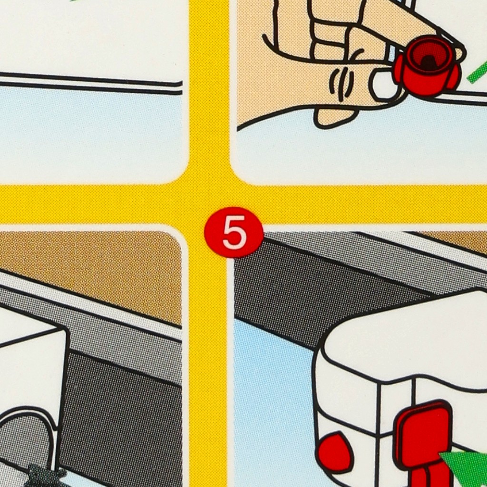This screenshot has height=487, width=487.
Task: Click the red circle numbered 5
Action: tap(234, 233)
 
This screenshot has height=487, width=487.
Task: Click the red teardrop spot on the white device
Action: tap(335, 452)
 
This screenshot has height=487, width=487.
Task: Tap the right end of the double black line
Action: tap(181, 88)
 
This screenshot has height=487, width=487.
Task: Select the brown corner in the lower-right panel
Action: tap(453, 239)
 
